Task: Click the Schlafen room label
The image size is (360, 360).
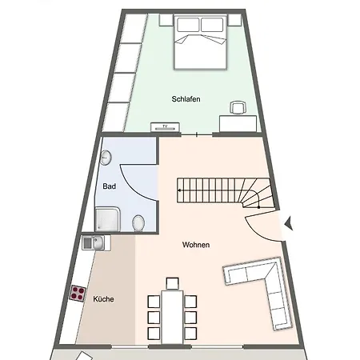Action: pyautogui.click(x=186, y=99)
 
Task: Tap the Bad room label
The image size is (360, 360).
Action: pyautogui.click(x=110, y=186)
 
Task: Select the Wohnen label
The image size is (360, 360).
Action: pyautogui.click(x=196, y=245)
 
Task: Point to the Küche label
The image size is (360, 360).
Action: pyautogui.click(x=103, y=299)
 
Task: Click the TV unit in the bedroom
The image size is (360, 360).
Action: pyautogui.click(x=165, y=127)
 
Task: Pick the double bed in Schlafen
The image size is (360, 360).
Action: pyautogui.click(x=201, y=42)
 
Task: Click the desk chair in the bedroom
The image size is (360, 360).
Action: pyautogui.click(x=238, y=107)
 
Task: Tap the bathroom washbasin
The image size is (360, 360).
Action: pyautogui.click(x=106, y=158)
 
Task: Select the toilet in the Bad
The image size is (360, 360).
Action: pyautogui.click(x=138, y=223)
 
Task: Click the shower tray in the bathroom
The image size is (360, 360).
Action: pyautogui.click(x=108, y=219)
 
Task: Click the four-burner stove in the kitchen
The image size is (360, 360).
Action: pyautogui.click(x=78, y=294)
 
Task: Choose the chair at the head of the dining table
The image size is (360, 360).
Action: pyautogui.click(x=172, y=283)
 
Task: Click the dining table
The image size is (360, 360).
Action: pyautogui.click(x=172, y=318)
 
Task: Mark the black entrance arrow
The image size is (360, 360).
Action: pyautogui.click(x=289, y=223)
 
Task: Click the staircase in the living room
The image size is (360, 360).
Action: pyautogui.click(x=226, y=193)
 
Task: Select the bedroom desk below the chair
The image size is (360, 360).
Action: pyautogui.click(x=238, y=124)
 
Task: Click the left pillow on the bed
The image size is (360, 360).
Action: pyautogui.click(x=188, y=25)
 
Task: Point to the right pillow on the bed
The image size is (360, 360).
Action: pyautogui.click(x=212, y=25)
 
